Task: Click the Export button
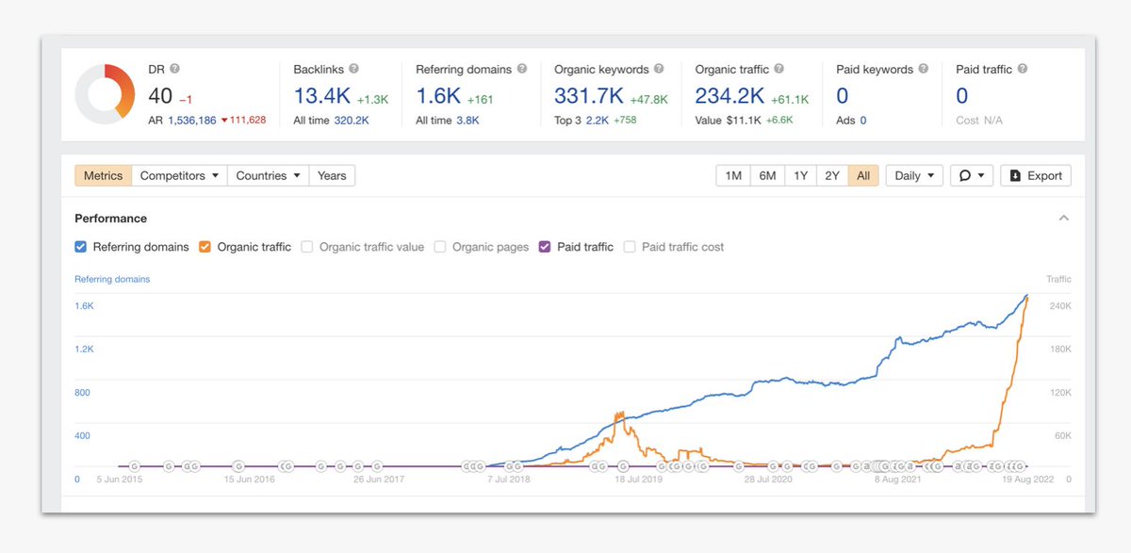pos(1035,176)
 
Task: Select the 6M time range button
pos(767,176)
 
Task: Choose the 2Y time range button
pos(831,176)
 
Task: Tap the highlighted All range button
pos(863,176)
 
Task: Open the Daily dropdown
pos(913,176)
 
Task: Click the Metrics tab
pos(104,176)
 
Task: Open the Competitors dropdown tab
pos(179,176)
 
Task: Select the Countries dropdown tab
pos(268,176)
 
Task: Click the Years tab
pos(332,176)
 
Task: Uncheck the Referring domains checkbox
pos(81,247)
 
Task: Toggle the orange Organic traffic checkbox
pos(205,247)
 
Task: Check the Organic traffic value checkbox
pos(307,247)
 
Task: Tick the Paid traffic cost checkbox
pos(630,247)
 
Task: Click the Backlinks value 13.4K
pos(321,96)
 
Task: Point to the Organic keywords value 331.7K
pos(588,96)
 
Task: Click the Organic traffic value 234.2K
pos(729,96)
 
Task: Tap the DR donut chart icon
pos(106,94)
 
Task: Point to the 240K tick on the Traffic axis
pos(1060,306)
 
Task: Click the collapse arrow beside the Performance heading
pos(1064,219)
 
